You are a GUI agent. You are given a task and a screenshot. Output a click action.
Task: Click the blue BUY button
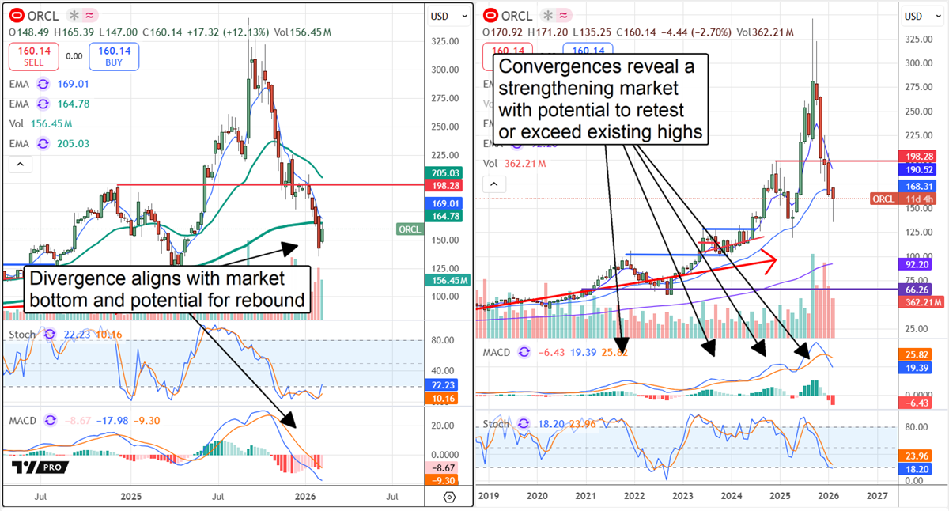coord(114,56)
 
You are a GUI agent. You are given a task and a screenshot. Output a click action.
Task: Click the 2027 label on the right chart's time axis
coord(875,495)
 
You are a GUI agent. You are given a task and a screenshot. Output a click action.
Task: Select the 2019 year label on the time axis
coord(489,495)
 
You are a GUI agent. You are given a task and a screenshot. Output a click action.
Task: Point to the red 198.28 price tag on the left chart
coord(448,184)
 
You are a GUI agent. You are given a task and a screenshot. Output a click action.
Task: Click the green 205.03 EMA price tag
coord(448,172)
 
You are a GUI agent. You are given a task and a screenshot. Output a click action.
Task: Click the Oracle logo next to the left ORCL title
coord(15,15)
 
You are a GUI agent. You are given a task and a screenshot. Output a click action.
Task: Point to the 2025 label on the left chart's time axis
coord(130,497)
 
